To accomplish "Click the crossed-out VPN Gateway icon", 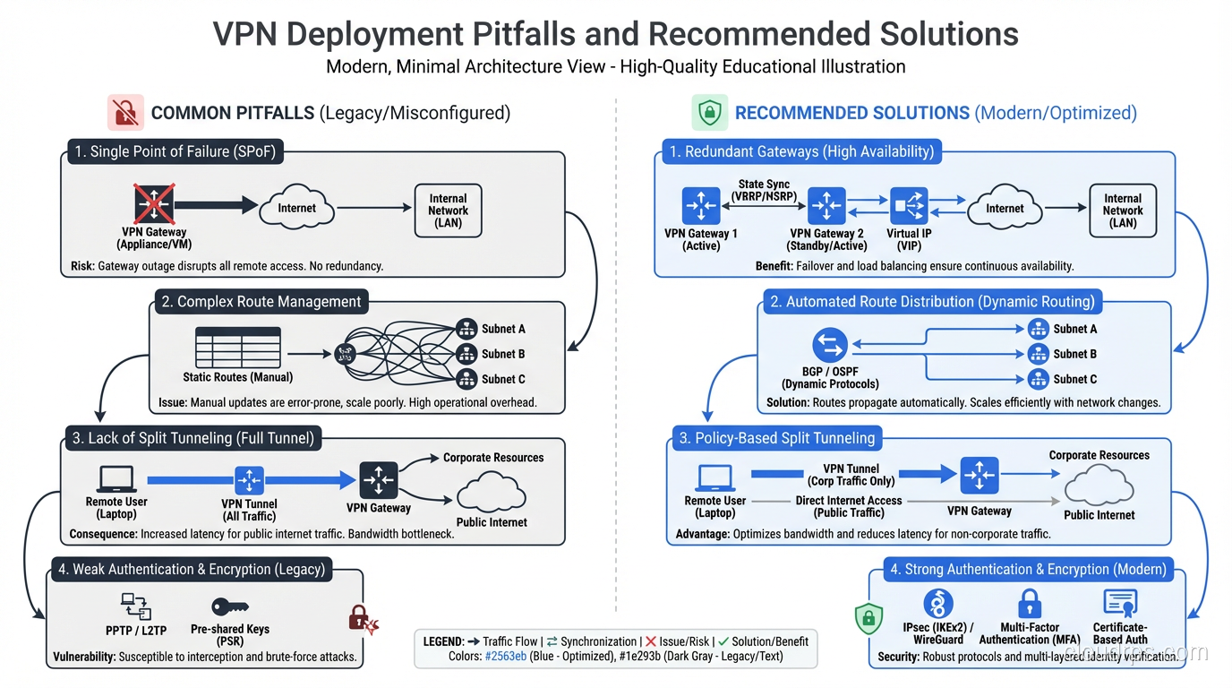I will click(154, 204).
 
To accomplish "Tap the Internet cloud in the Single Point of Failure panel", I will click(296, 208).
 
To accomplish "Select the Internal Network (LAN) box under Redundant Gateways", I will click(1122, 210).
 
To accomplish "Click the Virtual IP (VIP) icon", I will click(909, 207).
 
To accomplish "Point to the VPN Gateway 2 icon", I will click(826, 207).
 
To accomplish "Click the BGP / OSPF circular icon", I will click(830, 346).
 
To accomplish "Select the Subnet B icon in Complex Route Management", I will click(466, 354).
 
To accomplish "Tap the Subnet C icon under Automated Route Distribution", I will click(1038, 379).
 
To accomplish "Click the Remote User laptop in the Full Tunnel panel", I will click(116, 479).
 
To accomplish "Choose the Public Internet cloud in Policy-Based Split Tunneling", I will click(1099, 486).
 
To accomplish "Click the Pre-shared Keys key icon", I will click(229, 606).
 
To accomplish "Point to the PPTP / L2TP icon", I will click(135, 606).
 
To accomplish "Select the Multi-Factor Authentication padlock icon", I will click(1031, 604).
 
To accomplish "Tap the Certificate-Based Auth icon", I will click(1120, 604).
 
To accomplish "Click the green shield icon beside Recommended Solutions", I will click(709, 113).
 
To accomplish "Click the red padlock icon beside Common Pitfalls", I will click(125, 113).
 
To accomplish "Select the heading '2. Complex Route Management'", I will click(261, 302).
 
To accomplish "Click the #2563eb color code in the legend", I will click(505, 656).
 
